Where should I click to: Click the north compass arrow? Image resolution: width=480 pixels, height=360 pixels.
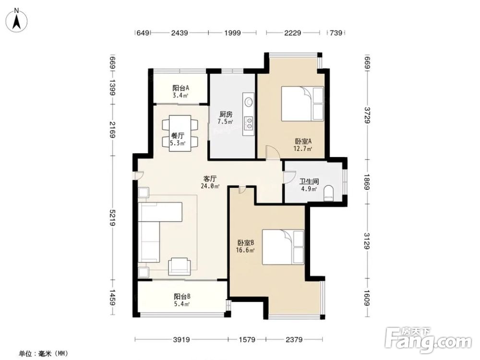[17, 20]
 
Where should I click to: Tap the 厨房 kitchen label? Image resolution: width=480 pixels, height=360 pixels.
[226, 114]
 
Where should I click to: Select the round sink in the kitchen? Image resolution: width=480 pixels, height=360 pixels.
[248, 101]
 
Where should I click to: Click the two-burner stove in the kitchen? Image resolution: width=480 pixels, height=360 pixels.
[249, 122]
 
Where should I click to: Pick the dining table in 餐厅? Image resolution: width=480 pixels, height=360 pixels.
[180, 133]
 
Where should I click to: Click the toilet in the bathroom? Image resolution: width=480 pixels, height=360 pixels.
[328, 193]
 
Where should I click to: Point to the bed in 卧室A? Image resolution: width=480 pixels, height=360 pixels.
[302, 104]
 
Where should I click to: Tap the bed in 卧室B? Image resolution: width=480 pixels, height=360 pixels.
[283, 247]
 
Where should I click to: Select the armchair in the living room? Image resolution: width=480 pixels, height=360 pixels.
[180, 266]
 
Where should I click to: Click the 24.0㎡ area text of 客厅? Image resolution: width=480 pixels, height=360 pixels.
[210, 186]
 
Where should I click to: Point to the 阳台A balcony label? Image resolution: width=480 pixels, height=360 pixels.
[180, 88]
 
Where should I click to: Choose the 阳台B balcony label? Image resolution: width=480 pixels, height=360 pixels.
[182, 296]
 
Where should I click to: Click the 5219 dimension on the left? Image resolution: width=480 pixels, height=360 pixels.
[113, 217]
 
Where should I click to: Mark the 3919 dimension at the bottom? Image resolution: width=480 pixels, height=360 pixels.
[181, 339]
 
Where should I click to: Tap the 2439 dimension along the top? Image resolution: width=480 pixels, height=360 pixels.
[180, 33]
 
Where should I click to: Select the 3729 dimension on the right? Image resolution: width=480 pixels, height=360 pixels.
[367, 115]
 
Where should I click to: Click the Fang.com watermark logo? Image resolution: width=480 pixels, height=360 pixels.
[428, 339]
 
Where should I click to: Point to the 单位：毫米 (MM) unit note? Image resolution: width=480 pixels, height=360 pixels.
[43, 354]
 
